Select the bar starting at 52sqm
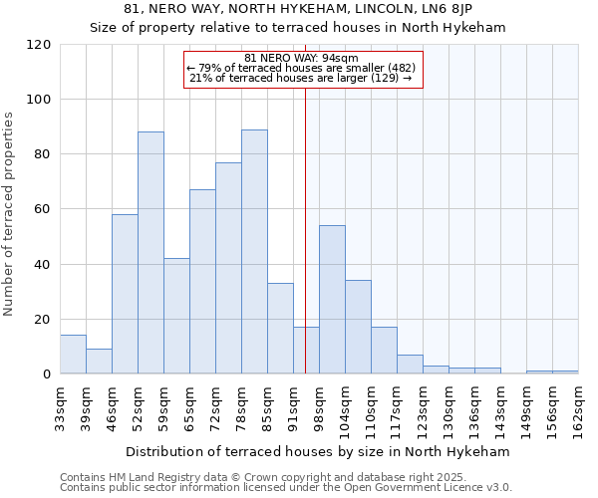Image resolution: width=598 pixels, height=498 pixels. coord(150,253)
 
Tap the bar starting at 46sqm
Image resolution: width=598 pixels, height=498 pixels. coord(125,294)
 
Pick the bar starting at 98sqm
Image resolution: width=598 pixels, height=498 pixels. coord(332,300)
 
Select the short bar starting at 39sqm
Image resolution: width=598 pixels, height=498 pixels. coord(99,362)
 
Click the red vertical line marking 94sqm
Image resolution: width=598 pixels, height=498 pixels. coord(305,229)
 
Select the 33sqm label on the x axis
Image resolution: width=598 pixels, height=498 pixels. coord(60,404)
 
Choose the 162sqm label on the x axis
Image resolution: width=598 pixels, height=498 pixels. coord(578,404)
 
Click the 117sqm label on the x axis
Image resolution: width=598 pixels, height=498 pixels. coord(397,404)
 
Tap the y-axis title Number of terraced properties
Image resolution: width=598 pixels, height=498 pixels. coord(10,214)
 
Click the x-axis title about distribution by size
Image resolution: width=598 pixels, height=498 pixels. coord(318,451)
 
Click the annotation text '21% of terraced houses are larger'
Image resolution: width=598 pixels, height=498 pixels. coord(300,78)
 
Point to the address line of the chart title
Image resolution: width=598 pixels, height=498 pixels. coord(298,9)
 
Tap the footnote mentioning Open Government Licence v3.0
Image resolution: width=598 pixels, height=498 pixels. coord(286,488)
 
